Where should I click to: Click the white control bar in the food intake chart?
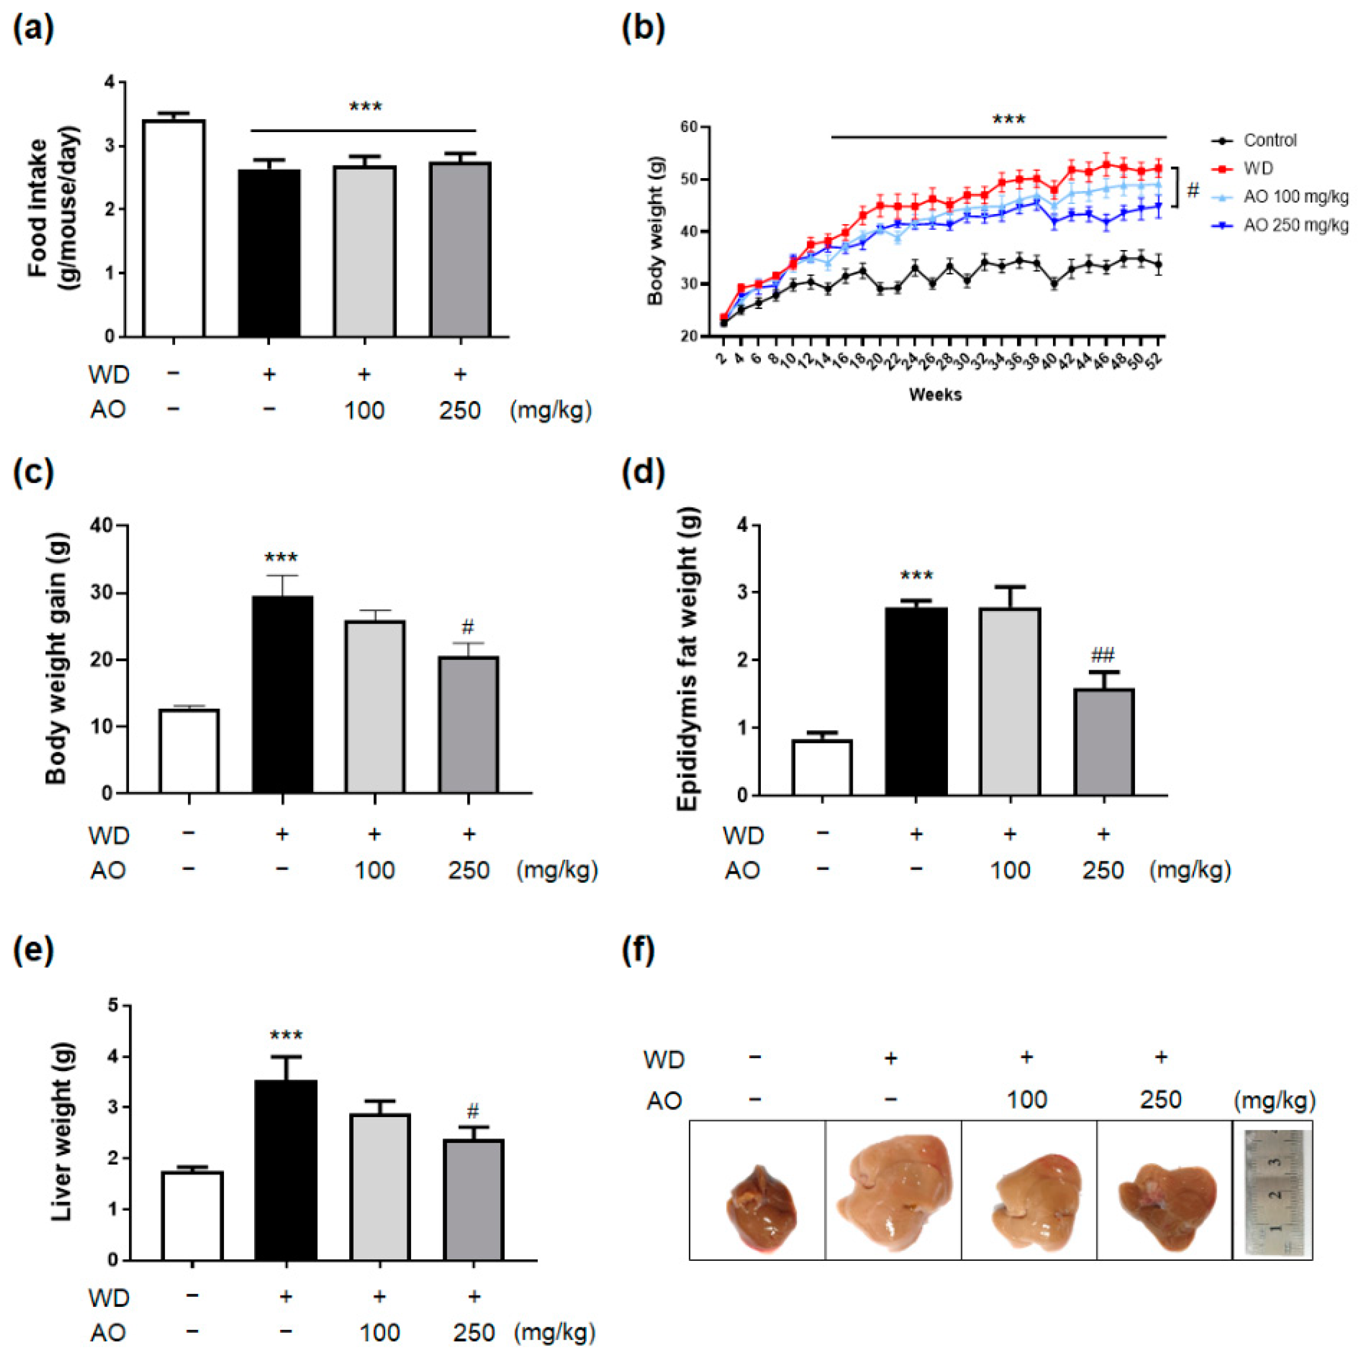[174, 229]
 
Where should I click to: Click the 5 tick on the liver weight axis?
[113, 1006]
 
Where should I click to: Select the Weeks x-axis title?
[935, 395]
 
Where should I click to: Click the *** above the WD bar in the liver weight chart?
[286, 1036]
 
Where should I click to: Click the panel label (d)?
[644, 473]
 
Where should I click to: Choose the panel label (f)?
[639, 951]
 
